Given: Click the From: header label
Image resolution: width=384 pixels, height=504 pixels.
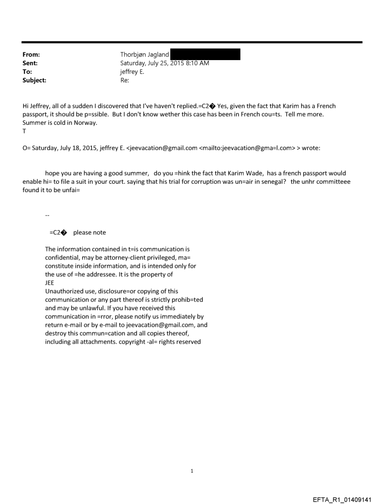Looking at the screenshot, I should [32, 54].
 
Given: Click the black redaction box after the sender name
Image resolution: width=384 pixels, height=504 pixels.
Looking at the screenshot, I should [205, 54].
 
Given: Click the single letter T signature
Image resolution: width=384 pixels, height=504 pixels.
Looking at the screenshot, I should [24, 132].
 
